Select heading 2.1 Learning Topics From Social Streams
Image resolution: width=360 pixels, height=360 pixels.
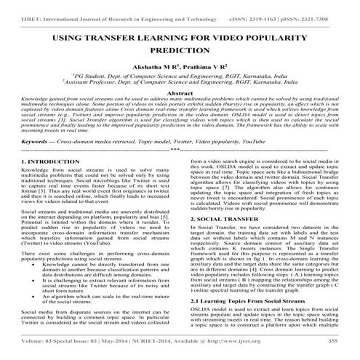[x=249, y=320]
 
